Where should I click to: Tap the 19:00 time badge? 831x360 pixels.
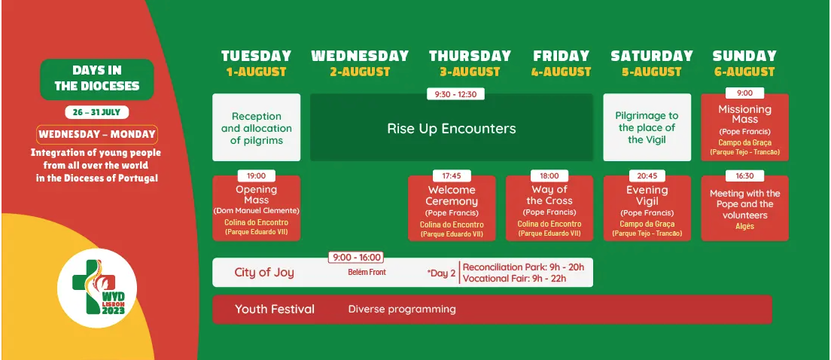pyautogui.click(x=257, y=176)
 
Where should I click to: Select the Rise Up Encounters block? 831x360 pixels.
pyautogui.click(x=452, y=128)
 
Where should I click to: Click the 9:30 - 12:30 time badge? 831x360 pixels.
pyautogui.click(x=456, y=94)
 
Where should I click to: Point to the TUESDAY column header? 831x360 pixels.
pyautogui.click(x=257, y=56)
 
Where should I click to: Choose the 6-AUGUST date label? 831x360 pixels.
pyautogui.click(x=744, y=72)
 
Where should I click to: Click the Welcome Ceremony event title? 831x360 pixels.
pyautogui.click(x=452, y=195)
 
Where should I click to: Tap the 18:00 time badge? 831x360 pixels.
pyautogui.click(x=549, y=176)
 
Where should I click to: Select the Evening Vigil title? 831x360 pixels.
pyautogui.click(x=647, y=195)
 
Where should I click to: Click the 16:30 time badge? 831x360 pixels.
pyautogui.click(x=744, y=176)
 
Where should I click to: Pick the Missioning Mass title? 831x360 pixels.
pyautogui.click(x=744, y=114)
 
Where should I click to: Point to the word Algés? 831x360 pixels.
pyautogui.click(x=744, y=227)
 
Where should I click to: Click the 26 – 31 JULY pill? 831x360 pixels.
pyautogui.click(x=97, y=112)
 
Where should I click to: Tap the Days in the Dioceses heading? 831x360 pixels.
pyautogui.click(x=97, y=78)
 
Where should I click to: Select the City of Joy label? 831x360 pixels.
pyautogui.click(x=264, y=273)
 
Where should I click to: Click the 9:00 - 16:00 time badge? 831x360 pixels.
pyautogui.click(x=356, y=258)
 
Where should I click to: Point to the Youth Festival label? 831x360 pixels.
pyautogui.click(x=275, y=309)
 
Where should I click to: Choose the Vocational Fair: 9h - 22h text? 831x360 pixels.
pyautogui.click(x=515, y=279)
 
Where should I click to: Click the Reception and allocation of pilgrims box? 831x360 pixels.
pyautogui.click(x=257, y=127)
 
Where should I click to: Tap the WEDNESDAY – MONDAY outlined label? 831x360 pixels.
pyautogui.click(x=97, y=134)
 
